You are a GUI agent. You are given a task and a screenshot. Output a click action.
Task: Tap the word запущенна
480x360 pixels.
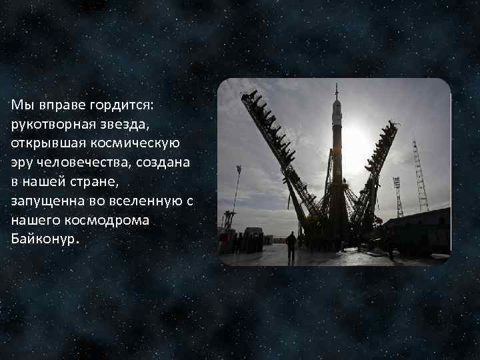click(x=44, y=200)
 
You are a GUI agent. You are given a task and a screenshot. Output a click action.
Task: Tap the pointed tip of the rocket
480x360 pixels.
click(x=337, y=88)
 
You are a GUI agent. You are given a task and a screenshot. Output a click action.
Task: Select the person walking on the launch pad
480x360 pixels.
click(x=291, y=246)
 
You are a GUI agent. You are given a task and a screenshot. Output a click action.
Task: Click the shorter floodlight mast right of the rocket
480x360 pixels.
click(x=398, y=196)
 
